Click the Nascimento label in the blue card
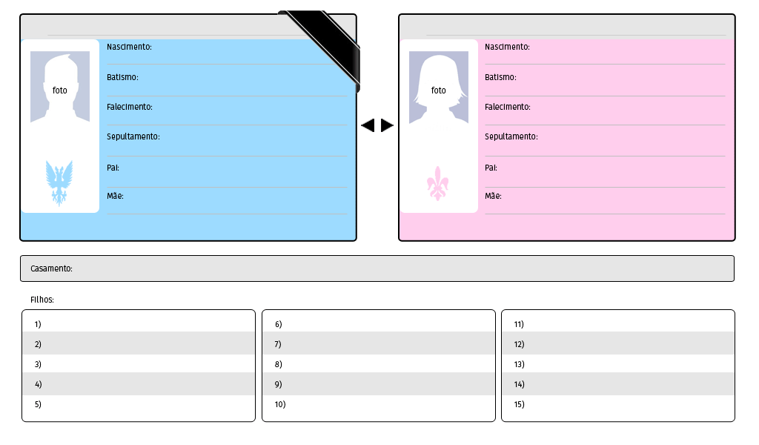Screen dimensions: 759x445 (129, 47)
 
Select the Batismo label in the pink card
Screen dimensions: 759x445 (500, 77)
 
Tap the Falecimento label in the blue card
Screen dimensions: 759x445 (130, 107)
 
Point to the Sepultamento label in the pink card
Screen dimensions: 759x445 (511, 136)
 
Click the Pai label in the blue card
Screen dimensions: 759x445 (113, 168)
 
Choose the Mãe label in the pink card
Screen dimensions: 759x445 (493, 196)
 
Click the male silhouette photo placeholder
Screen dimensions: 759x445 (60, 87)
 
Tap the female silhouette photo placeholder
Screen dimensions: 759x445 (439, 88)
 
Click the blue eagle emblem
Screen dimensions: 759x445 (59, 183)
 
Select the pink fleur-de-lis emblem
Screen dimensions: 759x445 (437, 183)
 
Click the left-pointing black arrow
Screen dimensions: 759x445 (368, 125)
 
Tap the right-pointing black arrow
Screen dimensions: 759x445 (387, 125)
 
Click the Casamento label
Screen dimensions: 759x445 (51, 268)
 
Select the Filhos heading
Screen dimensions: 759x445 (42, 300)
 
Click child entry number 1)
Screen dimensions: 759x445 (38, 324)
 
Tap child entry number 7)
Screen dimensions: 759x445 (278, 344)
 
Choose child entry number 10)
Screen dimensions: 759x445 (280, 404)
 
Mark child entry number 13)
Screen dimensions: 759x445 (519, 365)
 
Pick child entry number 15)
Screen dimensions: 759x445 (519, 404)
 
